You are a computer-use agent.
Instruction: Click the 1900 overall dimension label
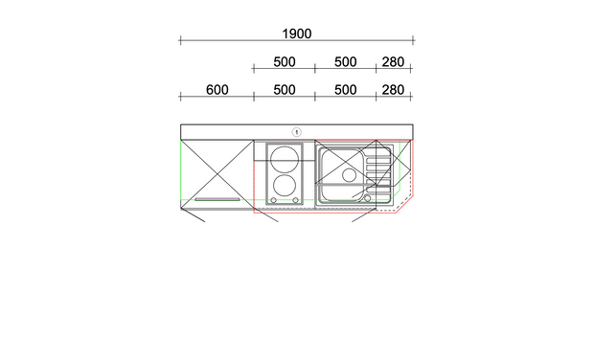tap(297, 34)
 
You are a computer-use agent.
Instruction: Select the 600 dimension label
tap(217, 90)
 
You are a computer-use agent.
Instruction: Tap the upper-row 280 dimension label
tap(393, 61)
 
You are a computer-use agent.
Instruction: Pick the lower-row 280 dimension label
tap(393, 90)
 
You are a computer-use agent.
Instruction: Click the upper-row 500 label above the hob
tap(285, 61)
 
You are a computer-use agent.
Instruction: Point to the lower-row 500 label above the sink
tap(346, 90)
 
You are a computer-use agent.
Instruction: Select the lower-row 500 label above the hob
tap(285, 90)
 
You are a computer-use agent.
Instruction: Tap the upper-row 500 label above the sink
tap(346, 61)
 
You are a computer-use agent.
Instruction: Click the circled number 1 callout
tap(297, 132)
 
